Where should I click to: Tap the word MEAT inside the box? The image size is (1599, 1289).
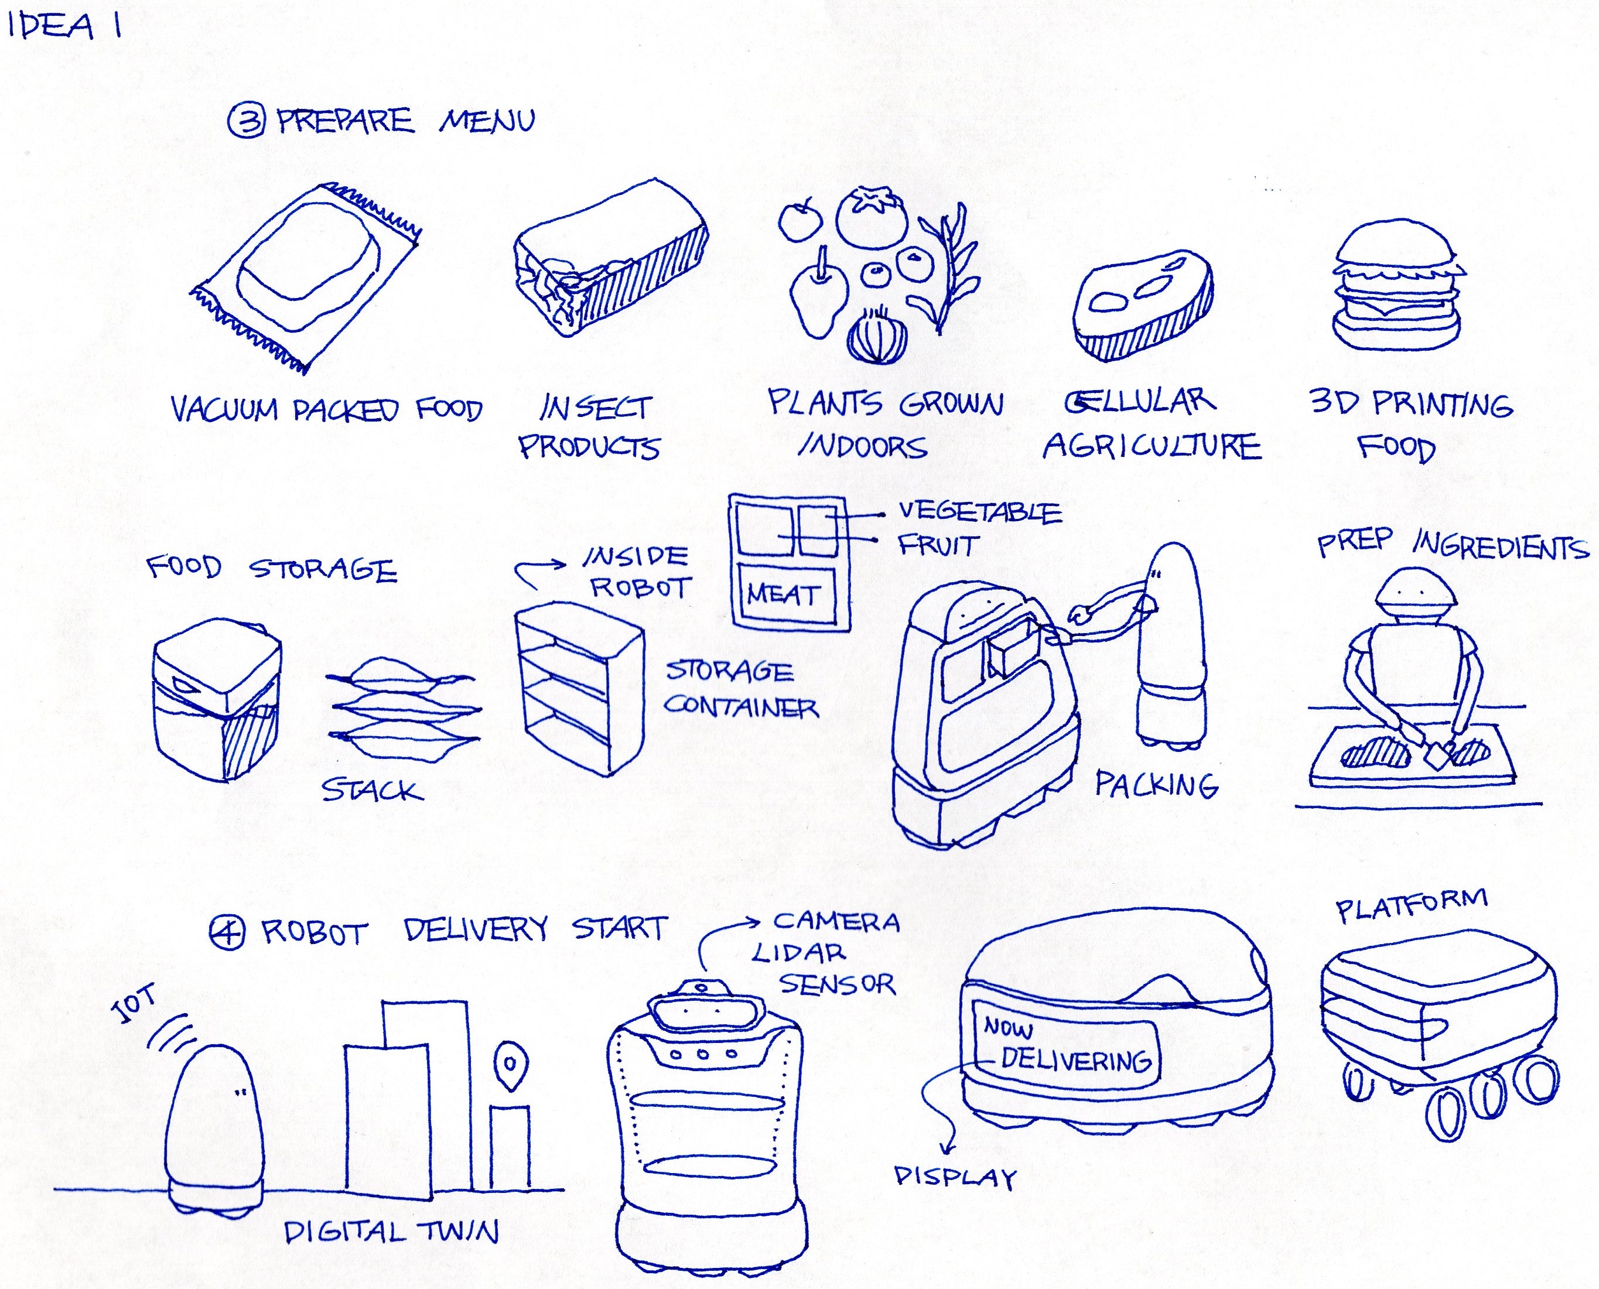pos(784,594)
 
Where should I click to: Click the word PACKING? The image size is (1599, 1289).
pos(1156,784)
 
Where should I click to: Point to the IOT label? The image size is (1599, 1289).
pos(133,1004)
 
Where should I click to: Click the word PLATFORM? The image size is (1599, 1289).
pos(1411,906)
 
